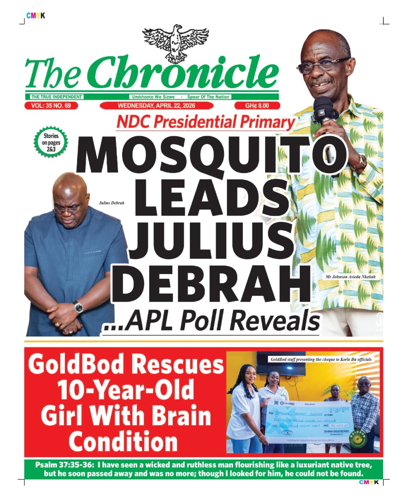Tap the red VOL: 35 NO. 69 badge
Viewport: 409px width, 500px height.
point(51,106)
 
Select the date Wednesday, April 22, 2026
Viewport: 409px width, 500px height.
point(156,106)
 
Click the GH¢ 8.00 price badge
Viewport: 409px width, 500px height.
point(257,106)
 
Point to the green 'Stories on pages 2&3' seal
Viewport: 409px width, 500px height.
point(51,143)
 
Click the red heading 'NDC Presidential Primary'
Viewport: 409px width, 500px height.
point(206,122)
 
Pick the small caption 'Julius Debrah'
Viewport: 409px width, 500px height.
point(112,203)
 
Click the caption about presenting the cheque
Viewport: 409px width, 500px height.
point(321,359)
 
